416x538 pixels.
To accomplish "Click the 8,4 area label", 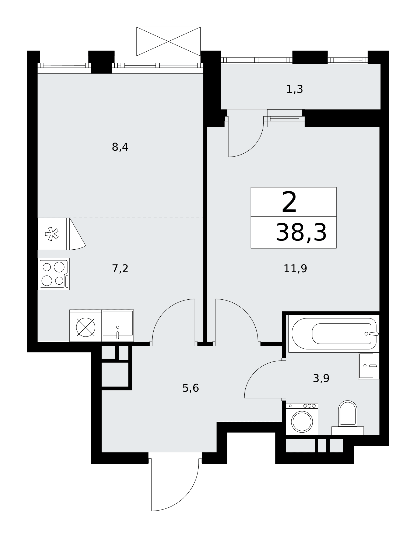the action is click(x=120, y=147).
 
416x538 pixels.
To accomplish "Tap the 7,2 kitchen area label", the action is click(x=120, y=268).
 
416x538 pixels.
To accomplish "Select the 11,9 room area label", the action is click(x=295, y=268).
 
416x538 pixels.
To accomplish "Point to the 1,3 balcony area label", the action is click(x=295, y=89).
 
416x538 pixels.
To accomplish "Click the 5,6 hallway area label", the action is click(x=191, y=388).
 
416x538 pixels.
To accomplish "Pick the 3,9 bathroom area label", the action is click(x=321, y=378).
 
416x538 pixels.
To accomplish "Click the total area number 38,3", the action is click(x=301, y=232).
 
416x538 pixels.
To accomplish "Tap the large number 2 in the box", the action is click(x=289, y=202).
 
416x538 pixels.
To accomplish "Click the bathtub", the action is click(x=334, y=334).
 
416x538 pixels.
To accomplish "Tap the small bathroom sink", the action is click(x=369, y=366).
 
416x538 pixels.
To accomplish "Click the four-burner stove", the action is click(x=54, y=274).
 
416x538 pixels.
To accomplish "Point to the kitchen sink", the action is click(x=118, y=325).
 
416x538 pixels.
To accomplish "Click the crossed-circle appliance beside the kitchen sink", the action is click(x=86, y=326).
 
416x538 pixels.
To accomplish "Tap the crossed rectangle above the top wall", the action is click(x=168, y=41).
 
